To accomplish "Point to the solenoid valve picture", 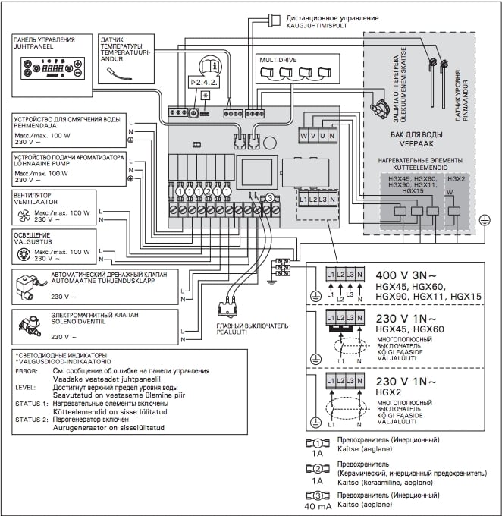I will pos(30,325).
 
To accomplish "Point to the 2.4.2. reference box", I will pos(203,80).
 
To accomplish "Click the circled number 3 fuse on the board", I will pos(267,198).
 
